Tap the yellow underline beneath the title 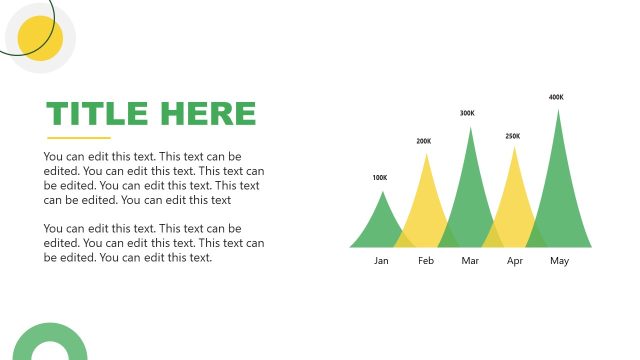pyautogui.click(x=79, y=138)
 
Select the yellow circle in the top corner pyautogui.click(x=41, y=38)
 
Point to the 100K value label pyautogui.click(x=379, y=178)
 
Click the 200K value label pyautogui.click(x=424, y=141)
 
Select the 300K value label pyautogui.click(x=467, y=113)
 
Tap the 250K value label pyautogui.click(x=513, y=136)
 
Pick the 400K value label pyautogui.click(x=556, y=97)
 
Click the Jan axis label pyautogui.click(x=381, y=261)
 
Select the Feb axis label pyautogui.click(x=426, y=261)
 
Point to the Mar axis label pyautogui.click(x=471, y=261)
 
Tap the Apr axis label pyautogui.click(x=515, y=261)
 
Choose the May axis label pyautogui.click(x=559, y=261)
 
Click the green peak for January pyautogui.click(x=380, y=225)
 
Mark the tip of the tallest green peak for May pyautogui.click(x=558, y=109)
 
